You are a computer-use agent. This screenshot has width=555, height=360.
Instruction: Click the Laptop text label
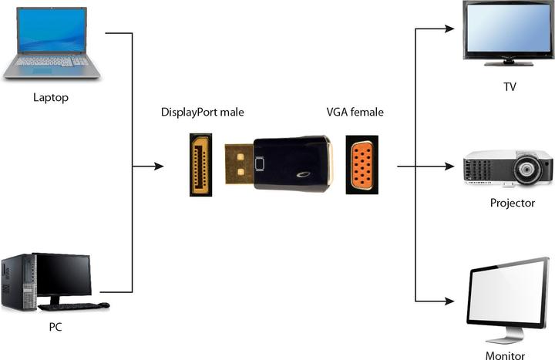(x=51, y=97)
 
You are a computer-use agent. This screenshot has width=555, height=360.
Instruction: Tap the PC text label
(x=55, y=327)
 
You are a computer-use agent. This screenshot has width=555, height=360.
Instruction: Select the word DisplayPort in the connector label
(x=188, y=113)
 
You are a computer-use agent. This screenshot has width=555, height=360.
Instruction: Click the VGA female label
(x=355, y=113)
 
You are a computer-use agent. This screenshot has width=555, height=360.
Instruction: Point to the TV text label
(x=509, y=87)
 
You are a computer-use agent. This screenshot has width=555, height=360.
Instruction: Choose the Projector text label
(x=512, y=204)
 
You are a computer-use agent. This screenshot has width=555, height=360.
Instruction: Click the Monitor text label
(x=505, y=355)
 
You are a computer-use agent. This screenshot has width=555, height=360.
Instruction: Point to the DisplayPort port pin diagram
(x=201, y=164)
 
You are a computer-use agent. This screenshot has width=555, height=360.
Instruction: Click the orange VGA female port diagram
(x=362, y=163)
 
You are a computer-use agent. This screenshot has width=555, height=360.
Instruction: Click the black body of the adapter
(x=291, y=163)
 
